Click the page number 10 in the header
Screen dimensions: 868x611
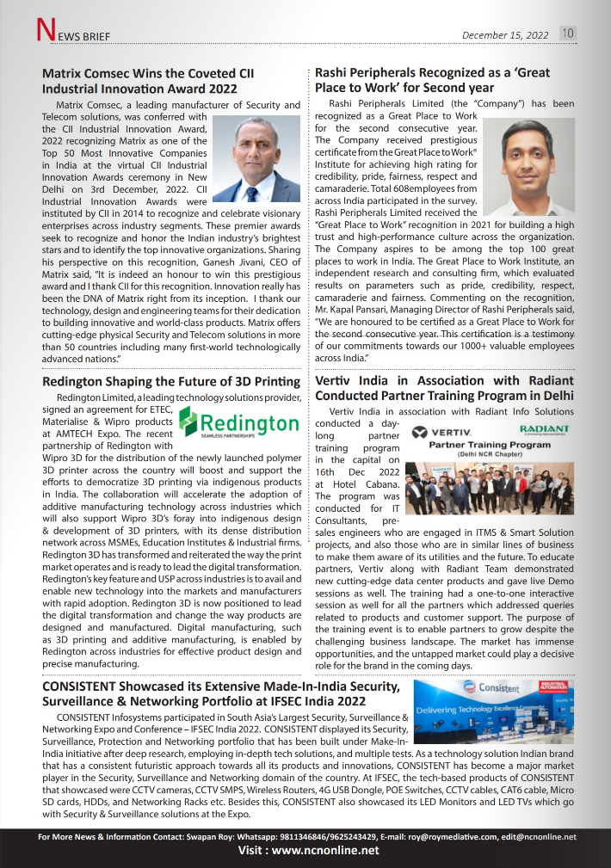(569, 34)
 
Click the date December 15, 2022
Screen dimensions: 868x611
(505, 35)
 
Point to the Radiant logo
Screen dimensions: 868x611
(544, 429)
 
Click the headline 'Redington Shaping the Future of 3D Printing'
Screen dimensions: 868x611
(171, 381)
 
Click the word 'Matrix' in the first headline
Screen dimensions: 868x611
(65, 73)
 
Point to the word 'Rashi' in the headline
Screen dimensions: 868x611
(335, 73)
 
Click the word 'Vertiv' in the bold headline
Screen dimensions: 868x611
(336, 380)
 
